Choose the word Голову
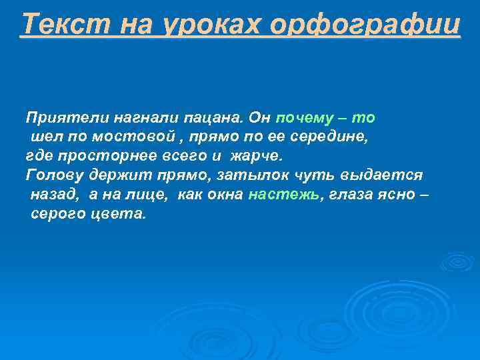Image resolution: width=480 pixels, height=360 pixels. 54,176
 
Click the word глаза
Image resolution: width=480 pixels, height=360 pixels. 351,195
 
